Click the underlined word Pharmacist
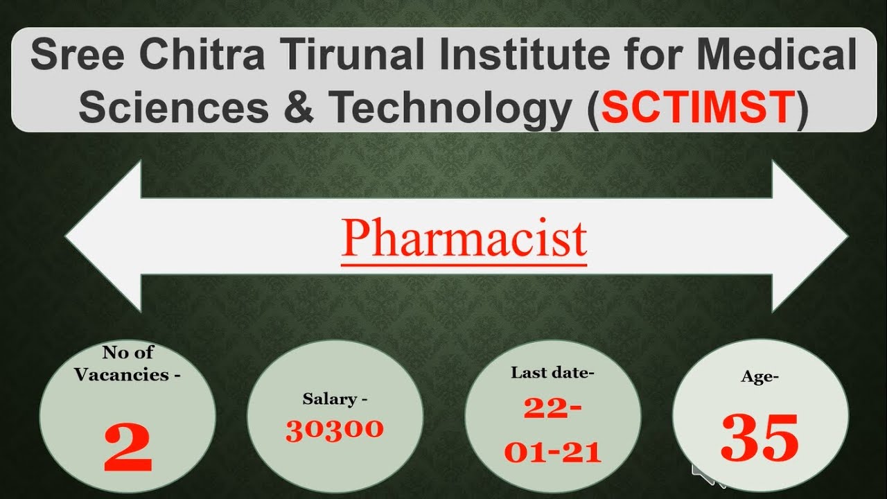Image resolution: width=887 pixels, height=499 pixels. click(x=464, y=238)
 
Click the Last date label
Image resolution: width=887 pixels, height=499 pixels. click(x=552, y=373)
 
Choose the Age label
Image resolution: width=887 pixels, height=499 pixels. click(x=760, y=378)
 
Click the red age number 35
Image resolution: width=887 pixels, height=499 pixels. click(x=759, y=438)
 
